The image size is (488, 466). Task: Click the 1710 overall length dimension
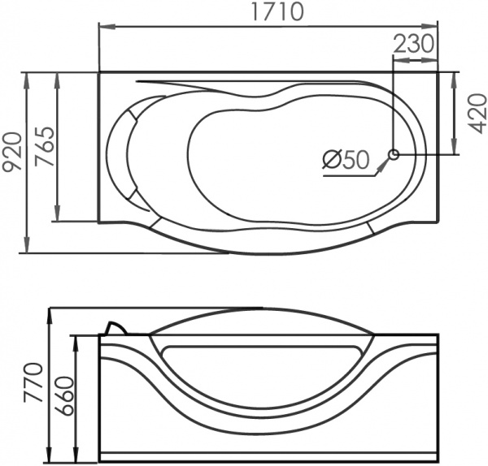277,12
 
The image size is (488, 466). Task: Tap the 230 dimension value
414,44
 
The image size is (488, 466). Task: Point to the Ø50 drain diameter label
346,160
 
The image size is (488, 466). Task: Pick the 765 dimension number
44,146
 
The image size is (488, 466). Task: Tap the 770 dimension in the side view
33,382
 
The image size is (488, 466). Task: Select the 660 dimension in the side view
66,395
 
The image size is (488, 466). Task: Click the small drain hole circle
394,154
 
